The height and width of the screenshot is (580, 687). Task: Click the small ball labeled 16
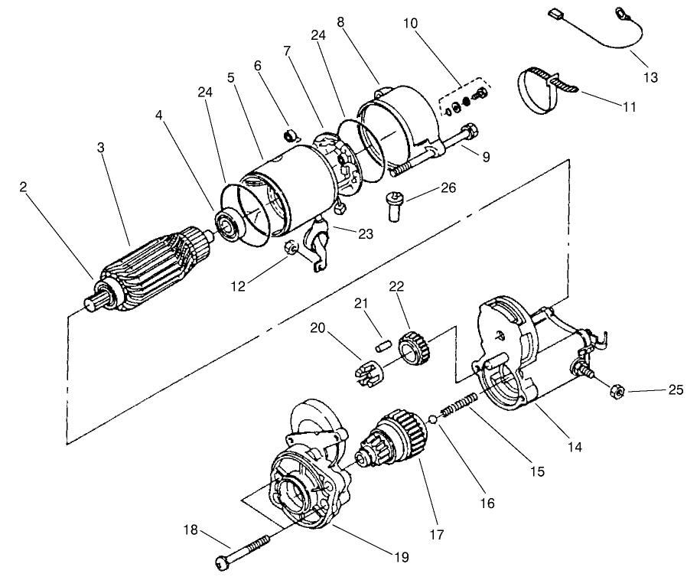pos(433,419)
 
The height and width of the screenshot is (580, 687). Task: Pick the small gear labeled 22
pos(414,345)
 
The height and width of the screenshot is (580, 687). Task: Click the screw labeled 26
pos(395,204)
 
